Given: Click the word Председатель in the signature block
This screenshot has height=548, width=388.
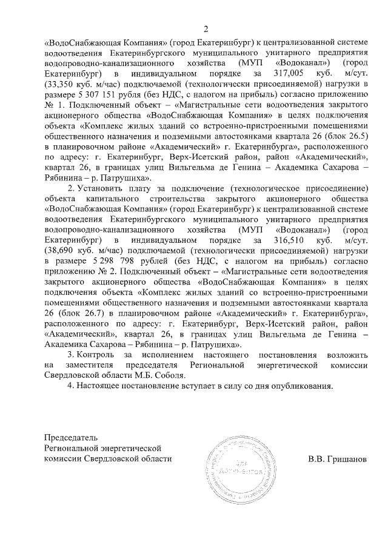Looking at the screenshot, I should (70, 437).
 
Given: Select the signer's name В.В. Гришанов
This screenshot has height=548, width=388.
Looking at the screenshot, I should (336, 458).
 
